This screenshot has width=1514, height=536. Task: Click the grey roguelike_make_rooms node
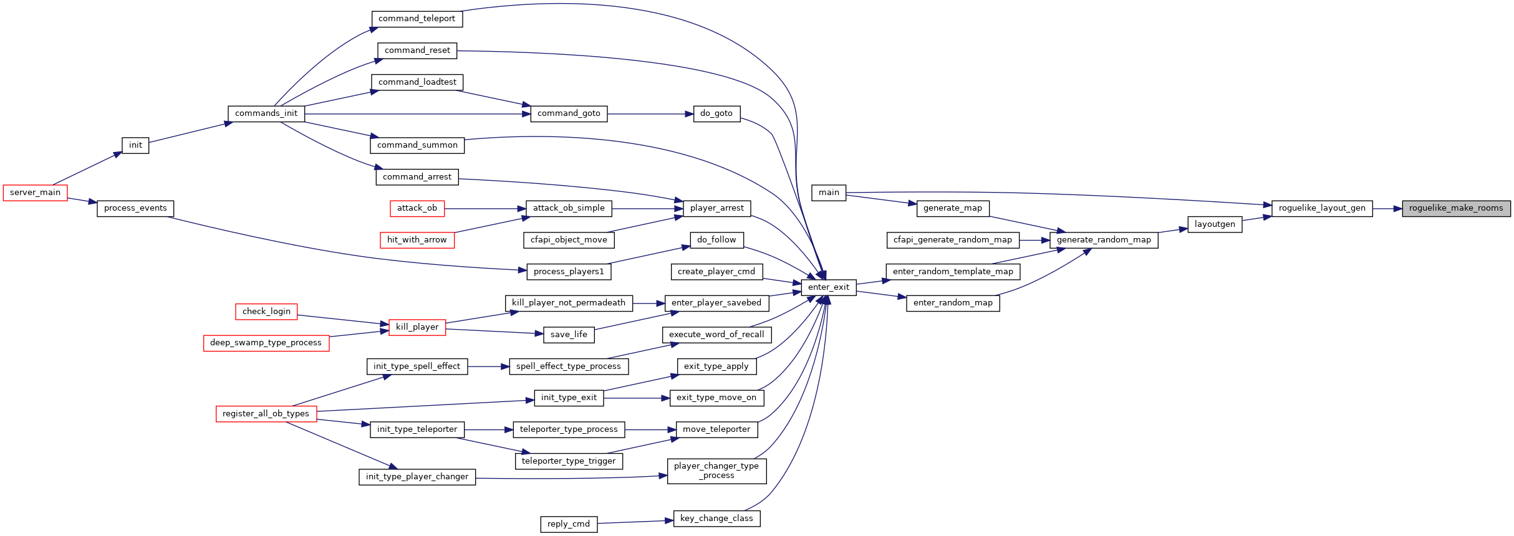coord(1456,209)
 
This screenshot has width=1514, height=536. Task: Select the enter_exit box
coord(829,287)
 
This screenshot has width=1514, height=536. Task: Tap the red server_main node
coord(36,193)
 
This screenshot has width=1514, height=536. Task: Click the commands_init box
coord(266,113)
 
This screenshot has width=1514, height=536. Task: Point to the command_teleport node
coord(417,19)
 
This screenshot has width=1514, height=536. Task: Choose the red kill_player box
coord(417,327)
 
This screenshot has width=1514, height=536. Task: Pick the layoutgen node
coord(1215,224)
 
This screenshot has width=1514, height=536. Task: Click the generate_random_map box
coord(1104,240)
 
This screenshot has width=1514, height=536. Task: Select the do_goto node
coord(716,113)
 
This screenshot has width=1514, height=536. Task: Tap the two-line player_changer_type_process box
coord(716,471)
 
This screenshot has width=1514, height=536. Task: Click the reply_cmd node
coord(569,524)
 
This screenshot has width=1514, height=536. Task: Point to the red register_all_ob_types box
coord(266,414)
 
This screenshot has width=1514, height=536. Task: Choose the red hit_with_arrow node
coord(417,240)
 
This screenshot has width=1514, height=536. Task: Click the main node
coord(829,193)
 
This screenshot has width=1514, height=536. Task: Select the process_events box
coord(135,208)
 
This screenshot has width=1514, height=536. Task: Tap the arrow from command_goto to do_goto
coord(650,114)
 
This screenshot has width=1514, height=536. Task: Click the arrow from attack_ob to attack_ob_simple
coord(485,209)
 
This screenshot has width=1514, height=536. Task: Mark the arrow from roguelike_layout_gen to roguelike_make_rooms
coord(1387,209)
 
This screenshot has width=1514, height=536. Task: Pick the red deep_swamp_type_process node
coord(266,343)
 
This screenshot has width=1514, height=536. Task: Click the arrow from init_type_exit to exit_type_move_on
coord(637,398)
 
